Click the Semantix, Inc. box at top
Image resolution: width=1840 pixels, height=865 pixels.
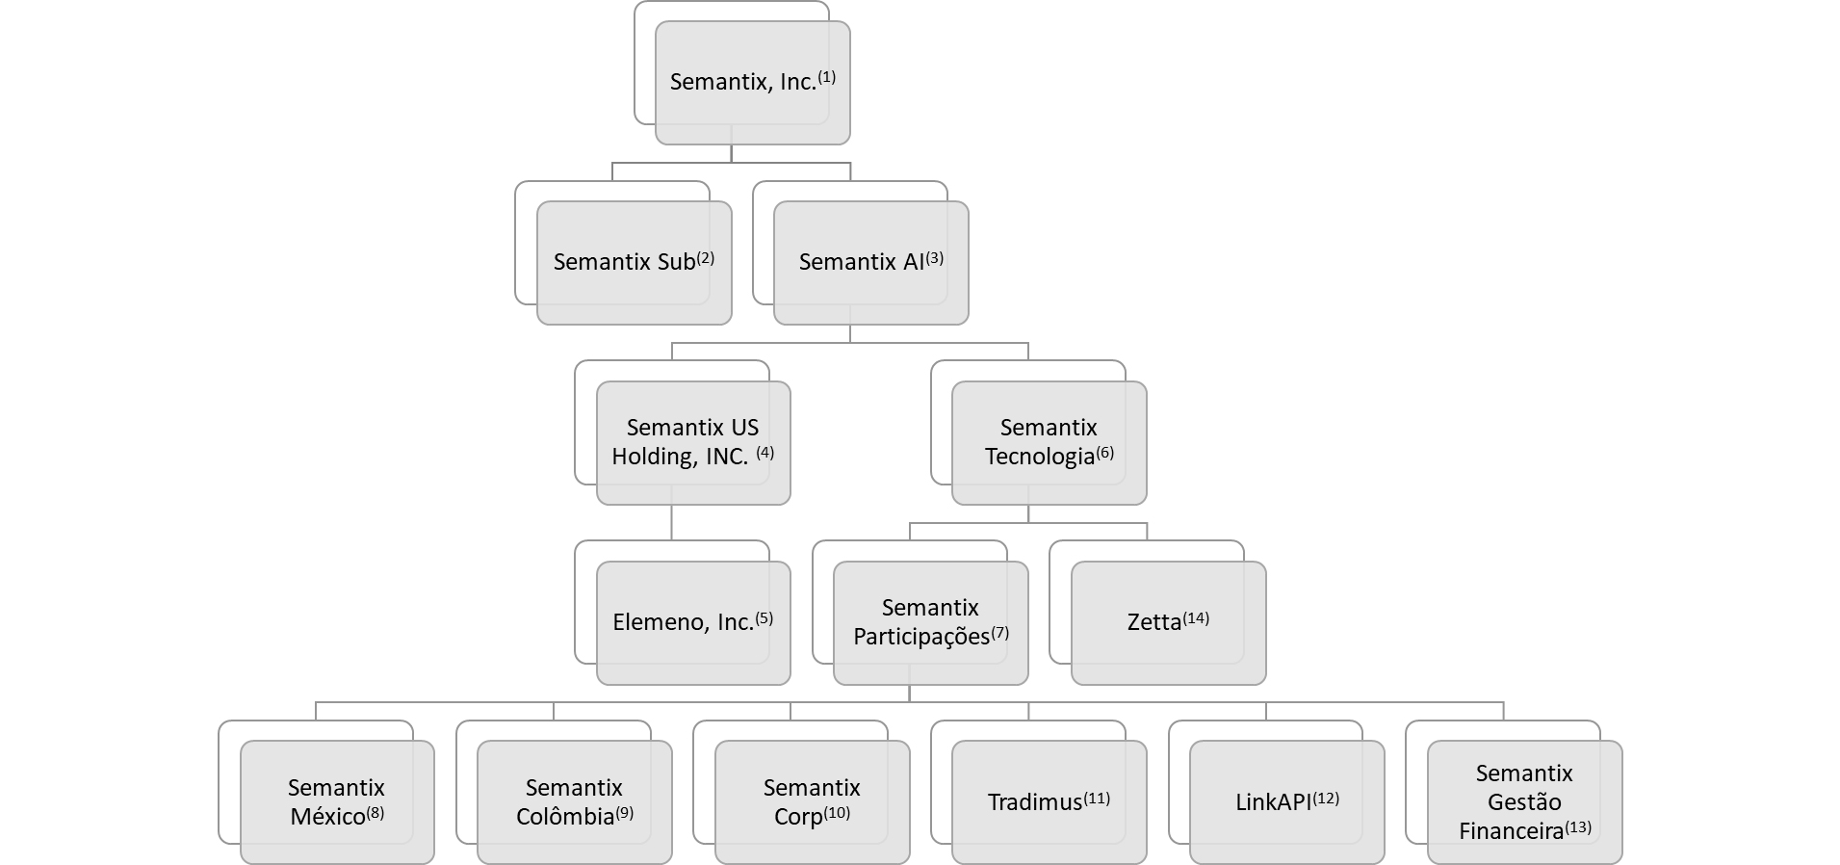pos(752,83)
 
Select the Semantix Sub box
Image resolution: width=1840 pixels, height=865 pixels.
pos(634,262)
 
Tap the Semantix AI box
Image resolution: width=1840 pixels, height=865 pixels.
pos(870,262)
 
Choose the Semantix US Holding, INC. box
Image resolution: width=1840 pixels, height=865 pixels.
pos(693,442)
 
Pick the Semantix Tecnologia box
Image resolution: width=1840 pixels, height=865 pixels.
pos(1049,442)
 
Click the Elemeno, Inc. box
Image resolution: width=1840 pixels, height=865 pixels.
pos(693,622)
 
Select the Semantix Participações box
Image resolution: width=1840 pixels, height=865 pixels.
pos(930,622)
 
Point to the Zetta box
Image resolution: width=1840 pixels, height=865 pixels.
pos(1168,622)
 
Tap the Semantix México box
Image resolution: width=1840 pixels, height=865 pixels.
pos(337,801)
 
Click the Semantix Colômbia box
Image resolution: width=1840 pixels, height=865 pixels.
pos(575,801)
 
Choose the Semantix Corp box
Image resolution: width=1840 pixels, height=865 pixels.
pos(812,801)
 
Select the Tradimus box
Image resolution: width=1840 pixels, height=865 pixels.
pos(1049,801)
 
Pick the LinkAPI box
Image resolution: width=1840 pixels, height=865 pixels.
pos(1286,801)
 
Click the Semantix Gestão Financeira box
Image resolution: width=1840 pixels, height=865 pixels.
pos(1524,801)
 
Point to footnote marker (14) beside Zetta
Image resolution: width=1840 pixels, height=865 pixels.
pos(1196,617)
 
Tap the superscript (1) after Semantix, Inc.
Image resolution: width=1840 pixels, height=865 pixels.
pos(826,76)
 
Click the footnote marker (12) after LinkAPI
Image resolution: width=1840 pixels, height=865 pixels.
pos(1326,798)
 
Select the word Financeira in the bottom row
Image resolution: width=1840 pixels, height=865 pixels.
pos(1511,831)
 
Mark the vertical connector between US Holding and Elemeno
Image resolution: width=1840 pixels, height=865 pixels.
pos(671,522)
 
